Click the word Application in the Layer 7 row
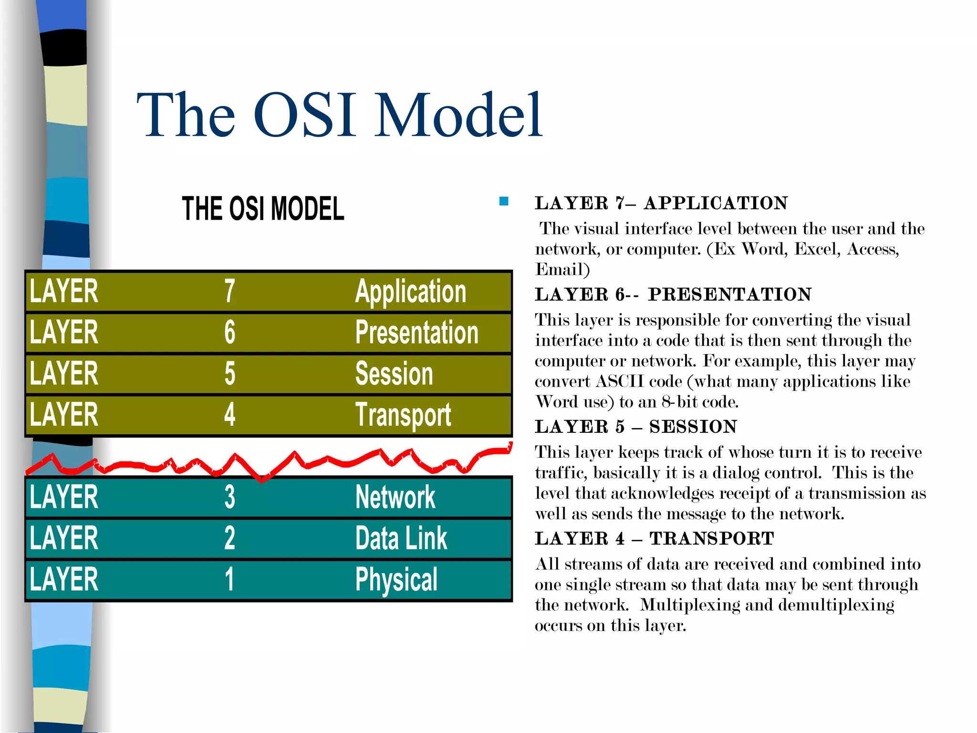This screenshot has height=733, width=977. [x=410, y=292]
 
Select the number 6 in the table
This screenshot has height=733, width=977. [x=229, y=333]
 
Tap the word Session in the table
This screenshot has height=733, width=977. [x=394, y=374]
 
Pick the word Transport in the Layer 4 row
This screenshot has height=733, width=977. [x=403, y=415]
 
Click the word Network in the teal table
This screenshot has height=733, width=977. [x=395, y=497]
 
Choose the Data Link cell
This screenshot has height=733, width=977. [x=401, y=538]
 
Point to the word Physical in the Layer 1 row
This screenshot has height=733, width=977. [x=396, y=580]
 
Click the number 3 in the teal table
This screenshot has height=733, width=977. [x=229, y=497]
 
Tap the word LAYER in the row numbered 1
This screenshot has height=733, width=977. [x=64, y=579]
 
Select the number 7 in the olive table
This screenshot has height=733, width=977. [x=229, y=291]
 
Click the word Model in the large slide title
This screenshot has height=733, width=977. [x=459, y=116]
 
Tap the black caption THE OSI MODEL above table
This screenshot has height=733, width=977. [x=263, y=209]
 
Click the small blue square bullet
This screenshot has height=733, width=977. [x=504, y=201]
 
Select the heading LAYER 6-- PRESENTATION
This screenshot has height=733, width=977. [x=673, y=294]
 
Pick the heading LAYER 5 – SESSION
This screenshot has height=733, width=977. [x=635, y=427]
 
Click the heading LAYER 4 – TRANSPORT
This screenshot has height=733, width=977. [x=654, y=539]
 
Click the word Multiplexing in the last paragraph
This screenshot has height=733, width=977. [x=689, y=605]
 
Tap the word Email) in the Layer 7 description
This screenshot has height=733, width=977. [x=562, y=270]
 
